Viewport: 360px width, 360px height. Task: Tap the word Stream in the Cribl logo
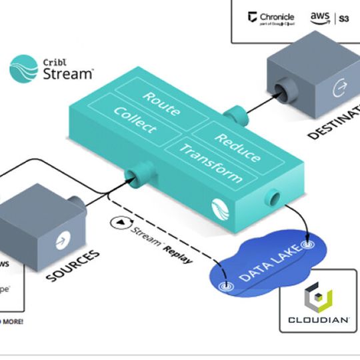tap(69, 73)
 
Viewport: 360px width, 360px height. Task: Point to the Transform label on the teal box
tap(211, 164)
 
